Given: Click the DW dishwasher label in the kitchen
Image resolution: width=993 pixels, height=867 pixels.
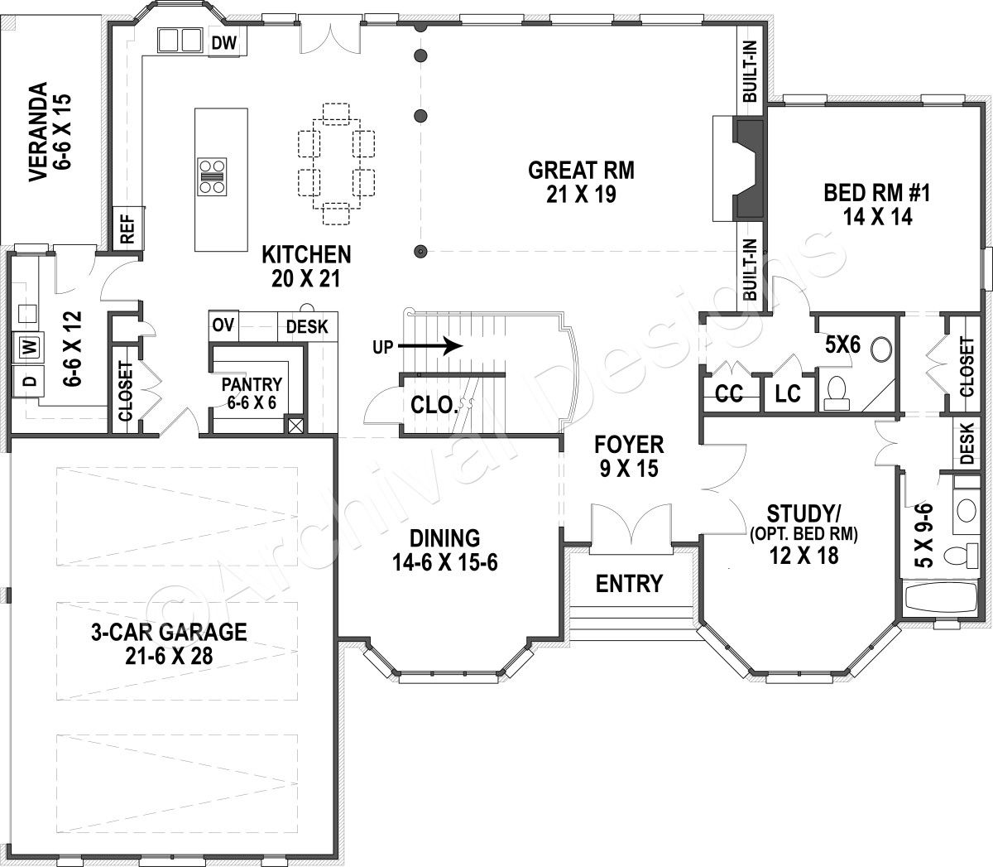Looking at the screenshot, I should [x=221, y=42].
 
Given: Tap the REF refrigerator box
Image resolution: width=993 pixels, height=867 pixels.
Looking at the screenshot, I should [x=127, y=227].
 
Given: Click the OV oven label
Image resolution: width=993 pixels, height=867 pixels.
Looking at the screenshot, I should [x=223, y=325].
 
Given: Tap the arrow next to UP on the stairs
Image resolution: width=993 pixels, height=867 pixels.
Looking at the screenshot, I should [x=439, y=345].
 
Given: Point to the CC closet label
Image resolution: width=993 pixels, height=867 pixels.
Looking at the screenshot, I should [x=728, y=395].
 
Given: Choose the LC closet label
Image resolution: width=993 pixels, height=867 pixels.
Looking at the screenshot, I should [x=788, y=395].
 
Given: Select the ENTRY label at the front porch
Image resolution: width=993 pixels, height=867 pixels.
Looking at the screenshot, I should [x=630, y=584].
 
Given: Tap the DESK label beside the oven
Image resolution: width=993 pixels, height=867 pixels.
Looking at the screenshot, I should [x=306, y=326].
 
